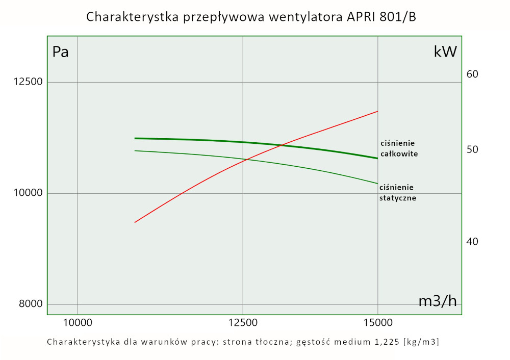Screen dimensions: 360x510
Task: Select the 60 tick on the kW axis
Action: [x=472, y=74]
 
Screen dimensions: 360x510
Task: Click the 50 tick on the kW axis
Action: [x=472, y=150]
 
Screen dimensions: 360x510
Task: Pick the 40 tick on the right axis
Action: [x=472, y=241]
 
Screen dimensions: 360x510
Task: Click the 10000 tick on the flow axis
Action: [x=77, y=322]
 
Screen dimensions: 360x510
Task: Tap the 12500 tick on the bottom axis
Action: [x=243, y=322]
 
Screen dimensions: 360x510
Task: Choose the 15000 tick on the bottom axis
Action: [x=377, y=322]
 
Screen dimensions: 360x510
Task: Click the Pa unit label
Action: [x=61, y=52]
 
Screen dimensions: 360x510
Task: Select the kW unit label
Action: [x=445, y=52]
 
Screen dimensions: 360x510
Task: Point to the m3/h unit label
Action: [x=438, y=301]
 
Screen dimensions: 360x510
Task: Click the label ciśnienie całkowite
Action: [x=399, y=148]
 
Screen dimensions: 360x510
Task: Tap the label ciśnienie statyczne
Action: [x=398, y=193]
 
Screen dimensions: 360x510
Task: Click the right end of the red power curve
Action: [x=377, y=111]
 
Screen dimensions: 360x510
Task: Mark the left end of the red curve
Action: [x=135, y=222]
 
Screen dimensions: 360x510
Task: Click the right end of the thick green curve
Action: [x=377, y=158]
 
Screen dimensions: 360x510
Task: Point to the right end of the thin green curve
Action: [x=377, y=183]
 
